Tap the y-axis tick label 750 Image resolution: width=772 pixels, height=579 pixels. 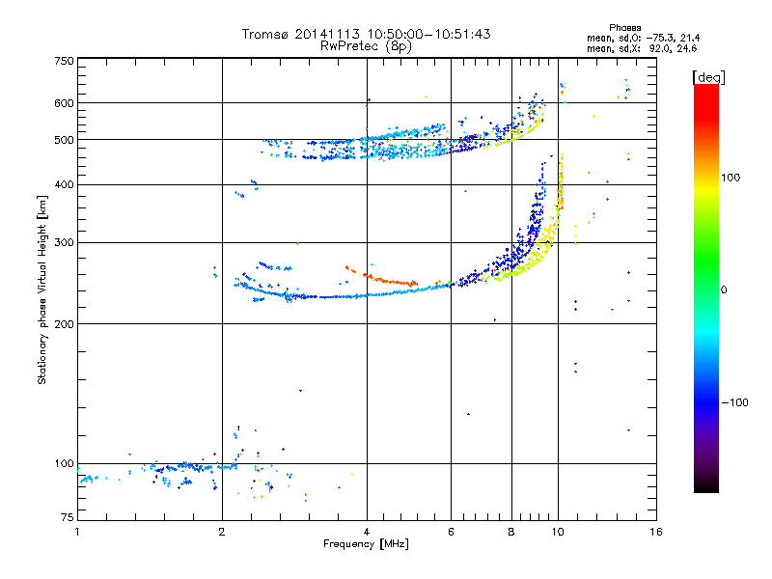tap(64, 61)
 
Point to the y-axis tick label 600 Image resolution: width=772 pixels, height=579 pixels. tap(64, 103)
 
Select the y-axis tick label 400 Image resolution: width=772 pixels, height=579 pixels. tap(64, 184)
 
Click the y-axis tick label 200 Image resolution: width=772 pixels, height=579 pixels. tap(64, 324)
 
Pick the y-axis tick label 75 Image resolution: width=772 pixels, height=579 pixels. tap(67, 520)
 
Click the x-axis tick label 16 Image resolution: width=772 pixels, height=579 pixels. tap(655, 532)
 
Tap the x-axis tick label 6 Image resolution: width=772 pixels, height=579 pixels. tap(452, 532)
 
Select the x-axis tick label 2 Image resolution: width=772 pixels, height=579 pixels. tap(222, 532)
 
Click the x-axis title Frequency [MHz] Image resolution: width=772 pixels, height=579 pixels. tap(366, 545)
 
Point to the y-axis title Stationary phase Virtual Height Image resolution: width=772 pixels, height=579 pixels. tap(42, 289)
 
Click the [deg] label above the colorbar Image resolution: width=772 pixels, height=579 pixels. tap(707, 76)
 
